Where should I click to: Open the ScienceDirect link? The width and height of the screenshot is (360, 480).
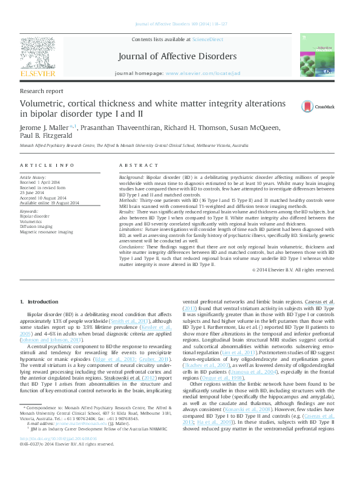208,39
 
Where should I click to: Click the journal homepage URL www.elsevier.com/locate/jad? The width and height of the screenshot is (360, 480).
203,73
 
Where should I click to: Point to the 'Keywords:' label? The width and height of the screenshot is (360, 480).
30,210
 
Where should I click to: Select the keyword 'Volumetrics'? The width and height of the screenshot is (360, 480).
31,220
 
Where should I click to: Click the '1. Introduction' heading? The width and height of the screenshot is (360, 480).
39,302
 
